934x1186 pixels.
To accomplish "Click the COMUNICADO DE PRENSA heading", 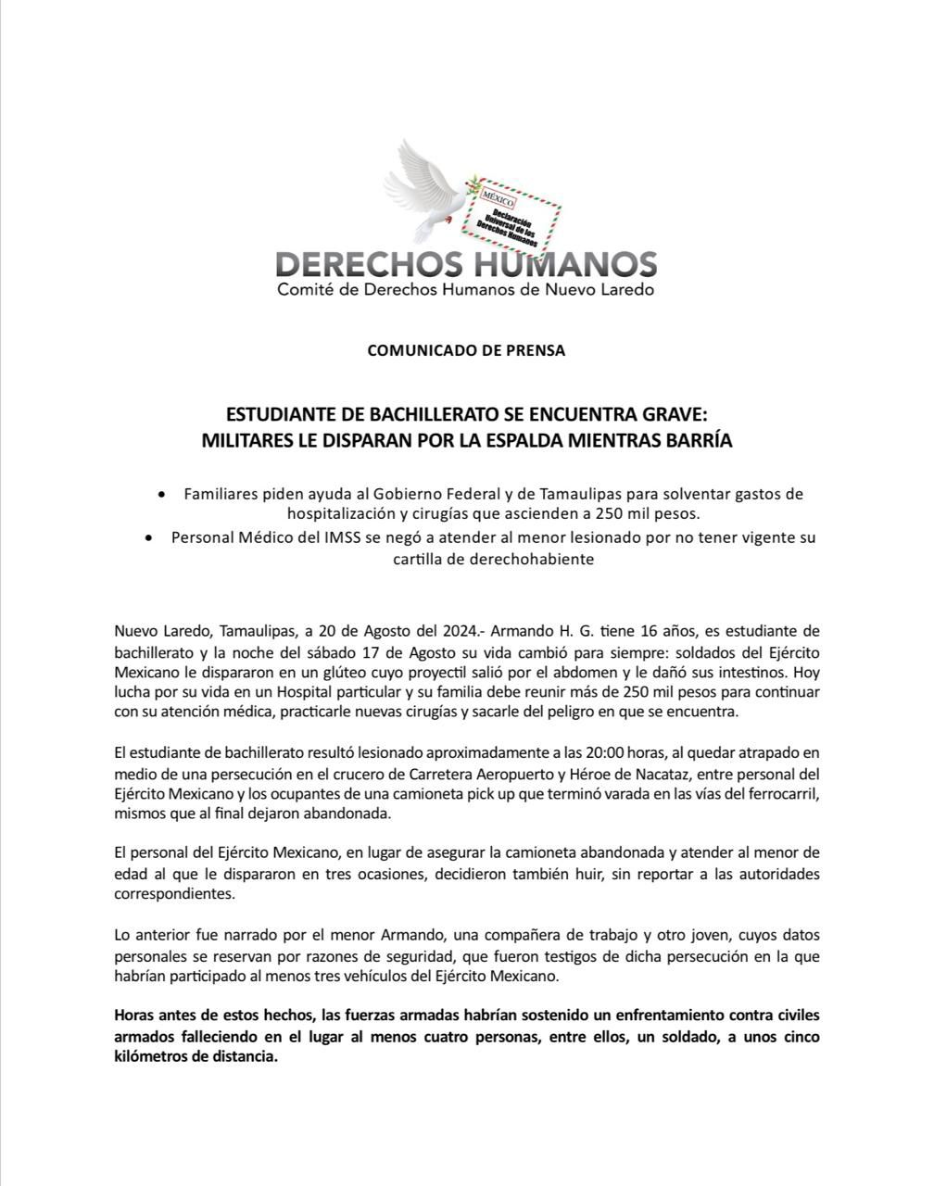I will [466, 350].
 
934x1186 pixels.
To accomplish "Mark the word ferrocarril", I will [778, 793].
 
